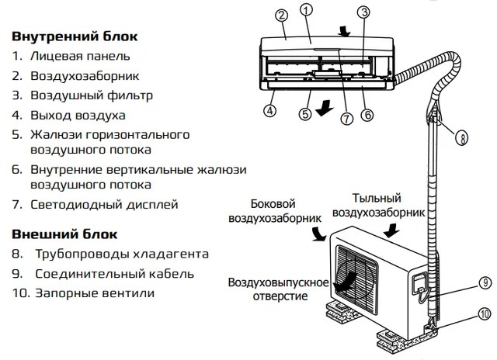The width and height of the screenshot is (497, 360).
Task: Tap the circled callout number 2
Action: (281, 15)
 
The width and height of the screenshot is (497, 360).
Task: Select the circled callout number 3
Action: (363, 12)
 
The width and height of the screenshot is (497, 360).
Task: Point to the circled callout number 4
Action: (269, 110)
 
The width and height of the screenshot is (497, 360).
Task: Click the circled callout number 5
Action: (306, 113)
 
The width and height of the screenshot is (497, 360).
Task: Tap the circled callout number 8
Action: (463, 140)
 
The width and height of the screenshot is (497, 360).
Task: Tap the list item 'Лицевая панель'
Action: (81, 56)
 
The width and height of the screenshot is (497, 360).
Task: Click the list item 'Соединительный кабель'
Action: (113, 274)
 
